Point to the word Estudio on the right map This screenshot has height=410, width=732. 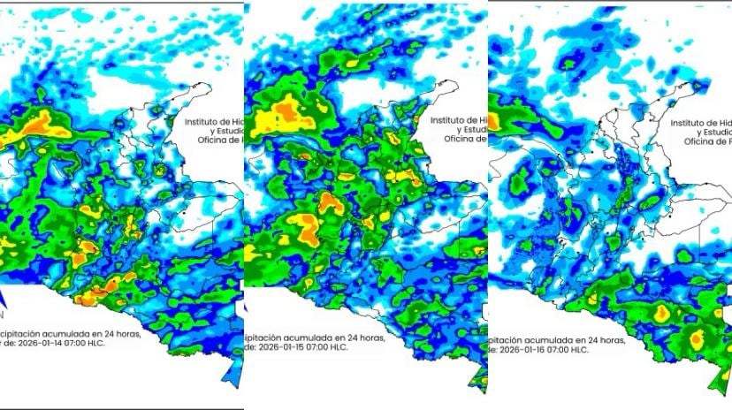coord(707,132)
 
